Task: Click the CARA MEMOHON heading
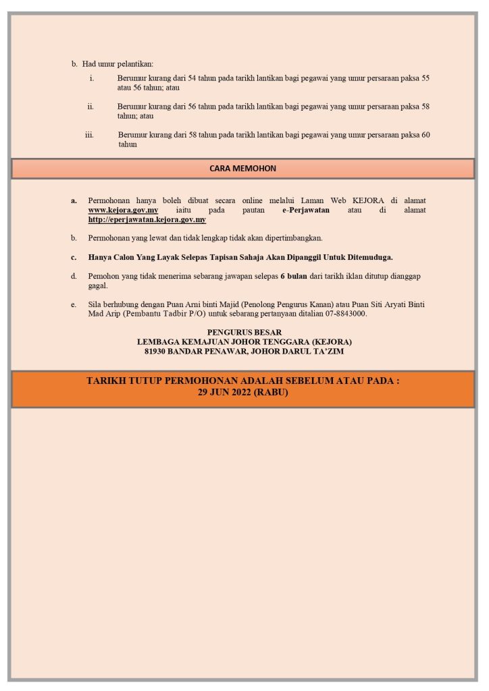click(x=242, y=169)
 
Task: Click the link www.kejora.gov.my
click(x=123, y=211)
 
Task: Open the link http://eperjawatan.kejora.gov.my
click(x=147, y=220)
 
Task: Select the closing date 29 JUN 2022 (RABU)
click(x=242, y=392)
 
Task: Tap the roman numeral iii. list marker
click(x=89, y=135)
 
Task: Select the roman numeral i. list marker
click(x=92, y=78)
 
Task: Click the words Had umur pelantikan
click(x=118, y=64)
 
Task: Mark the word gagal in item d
click(x=97, y=285)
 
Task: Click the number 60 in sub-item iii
click(x=426, y=135)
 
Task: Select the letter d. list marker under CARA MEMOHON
click(x=74, y=276)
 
